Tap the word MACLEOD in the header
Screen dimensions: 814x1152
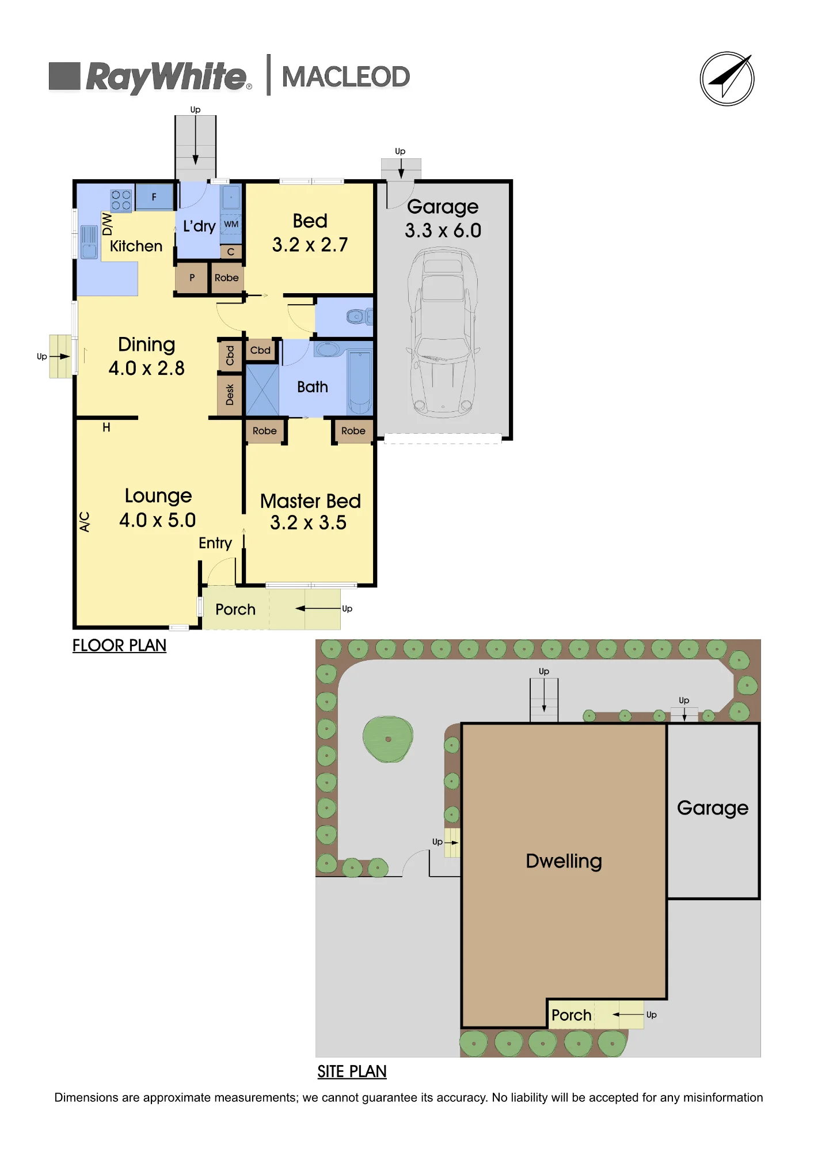click(x=345, y=77)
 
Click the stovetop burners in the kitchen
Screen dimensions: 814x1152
click(x=121, y=200)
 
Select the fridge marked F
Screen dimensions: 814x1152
click(x=154, y=197)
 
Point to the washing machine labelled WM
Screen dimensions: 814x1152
click(x=231, y=225)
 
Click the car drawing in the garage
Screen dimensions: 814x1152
click(x=443, y=332)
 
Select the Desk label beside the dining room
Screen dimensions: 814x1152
click(x=230, y=395)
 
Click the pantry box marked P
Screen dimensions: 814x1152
click(x=192, y=278)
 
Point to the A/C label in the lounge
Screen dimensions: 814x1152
click(x=85, y=522)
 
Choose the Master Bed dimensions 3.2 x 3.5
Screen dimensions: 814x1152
click(x=309, y=523)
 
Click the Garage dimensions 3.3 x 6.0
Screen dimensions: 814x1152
click(x=443, y=230)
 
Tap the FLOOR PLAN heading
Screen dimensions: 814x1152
click(x=119, y=646)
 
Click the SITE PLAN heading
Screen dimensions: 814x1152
click(x=352, y=1071)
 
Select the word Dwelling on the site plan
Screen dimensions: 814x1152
click(x=564, y=861)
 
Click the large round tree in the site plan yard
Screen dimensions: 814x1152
click(x=388, y=739)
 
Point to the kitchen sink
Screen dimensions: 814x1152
click(x=89, y=242)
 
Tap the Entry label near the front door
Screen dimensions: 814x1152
click(x=215, y=543)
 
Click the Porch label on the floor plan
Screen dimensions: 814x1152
click(x=235, y=609)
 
